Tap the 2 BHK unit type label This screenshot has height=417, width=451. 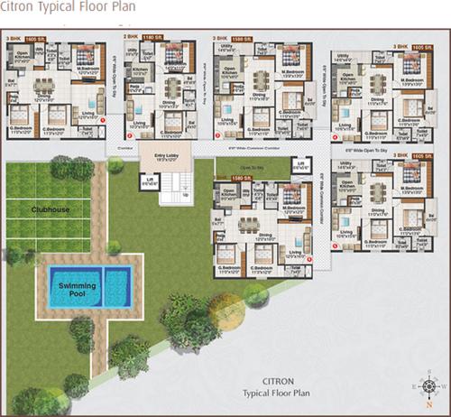point(132,37)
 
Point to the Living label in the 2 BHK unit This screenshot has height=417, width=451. point(140,124)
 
